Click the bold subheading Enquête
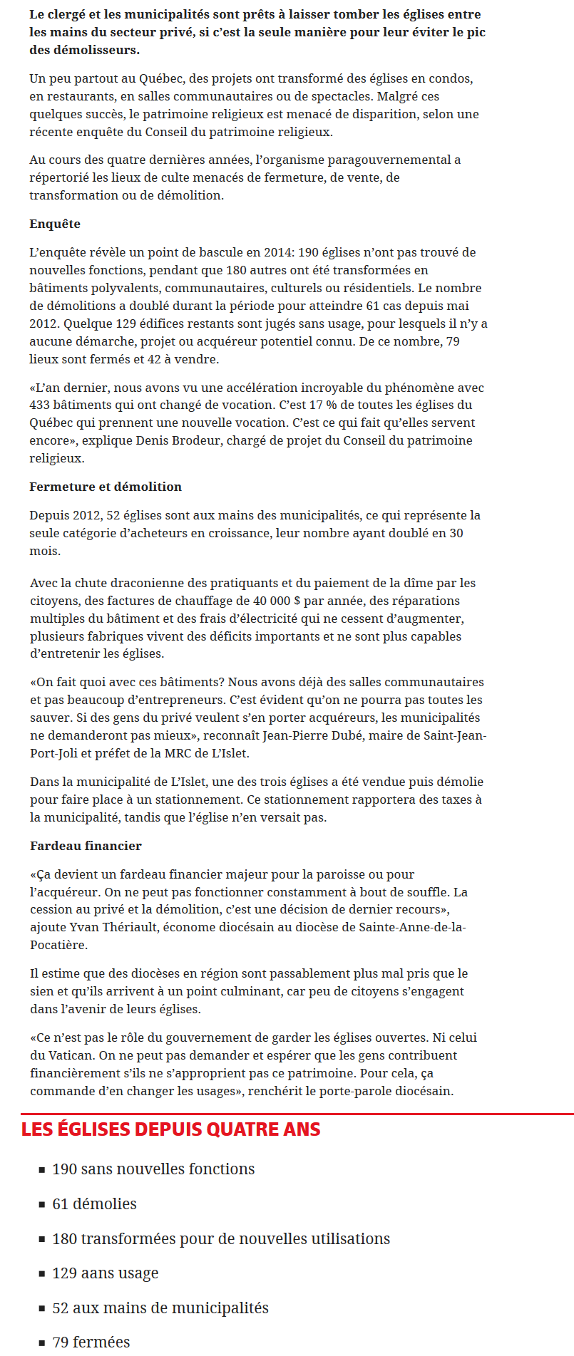click(55, 224)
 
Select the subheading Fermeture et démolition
click(106, 487)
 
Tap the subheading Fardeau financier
click(86, 846)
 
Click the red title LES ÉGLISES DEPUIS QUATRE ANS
click(171, 1129)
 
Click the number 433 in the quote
click(40, 405)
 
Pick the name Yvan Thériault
click(114, 927)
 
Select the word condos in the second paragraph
click(452, 78)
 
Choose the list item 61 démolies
click(94, 1204)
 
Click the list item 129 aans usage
click(106, 1273)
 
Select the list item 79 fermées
click(91, 1342)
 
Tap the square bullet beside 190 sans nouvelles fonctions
click(42, 1170)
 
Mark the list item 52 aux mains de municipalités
click(160, 1308)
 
